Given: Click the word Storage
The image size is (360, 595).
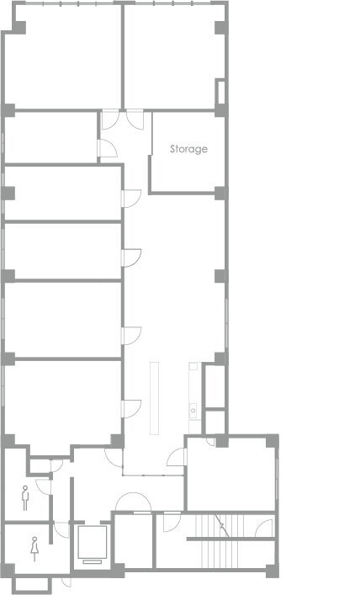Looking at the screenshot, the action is coord(188,149).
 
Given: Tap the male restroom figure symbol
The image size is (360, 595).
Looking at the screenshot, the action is coord(25,498).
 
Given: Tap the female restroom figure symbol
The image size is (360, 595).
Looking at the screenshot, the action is coord(34,549).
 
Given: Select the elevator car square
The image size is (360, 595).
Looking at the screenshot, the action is coord(93,542).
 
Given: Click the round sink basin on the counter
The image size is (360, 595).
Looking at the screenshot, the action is coord(193,411).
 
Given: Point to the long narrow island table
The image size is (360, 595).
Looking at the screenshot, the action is coord(154,398).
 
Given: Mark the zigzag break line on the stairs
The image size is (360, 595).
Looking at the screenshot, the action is coord(222,526).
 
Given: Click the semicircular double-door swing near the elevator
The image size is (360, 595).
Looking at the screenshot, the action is coord(133,502).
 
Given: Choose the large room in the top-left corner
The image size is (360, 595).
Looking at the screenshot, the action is coord(62,57).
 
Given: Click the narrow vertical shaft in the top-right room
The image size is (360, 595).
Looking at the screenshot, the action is coord(220,92).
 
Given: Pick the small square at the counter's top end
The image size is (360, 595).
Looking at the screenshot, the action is coord(193,366).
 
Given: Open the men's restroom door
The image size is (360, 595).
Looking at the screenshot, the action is coord(44,486).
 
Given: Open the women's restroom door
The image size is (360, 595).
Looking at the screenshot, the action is coord(61,529).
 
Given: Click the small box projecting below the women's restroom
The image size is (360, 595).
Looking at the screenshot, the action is coord(31,584).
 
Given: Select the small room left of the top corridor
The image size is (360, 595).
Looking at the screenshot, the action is coord(50,137).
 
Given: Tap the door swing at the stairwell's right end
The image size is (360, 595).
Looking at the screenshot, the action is coord(264,529).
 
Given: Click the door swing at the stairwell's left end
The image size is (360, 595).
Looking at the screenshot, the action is coord(172,522).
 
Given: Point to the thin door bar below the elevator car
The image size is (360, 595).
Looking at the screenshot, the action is coord(93,561).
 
